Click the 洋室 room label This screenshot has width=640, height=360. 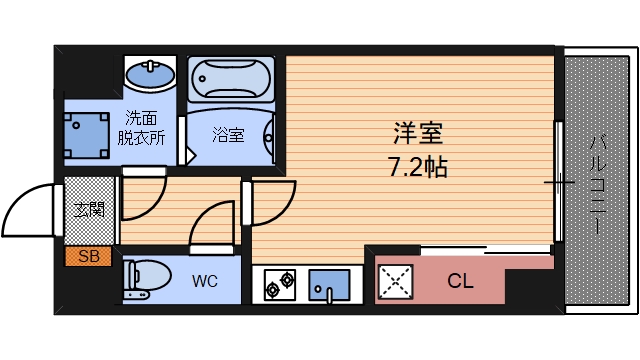click(x=418, y=132)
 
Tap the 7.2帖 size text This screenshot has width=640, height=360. click(x=418, y=165)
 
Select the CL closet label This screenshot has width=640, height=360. click(x=459, y=282)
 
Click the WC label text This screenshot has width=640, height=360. click(x=205, y=281)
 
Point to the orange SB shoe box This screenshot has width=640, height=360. click(x=88, y=256)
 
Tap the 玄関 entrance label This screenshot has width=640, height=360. click(x=88, y=210)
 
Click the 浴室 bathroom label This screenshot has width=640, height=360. click(x=229, y=134)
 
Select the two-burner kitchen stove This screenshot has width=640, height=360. click(x=278, y=285)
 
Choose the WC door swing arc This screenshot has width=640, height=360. click(x=212, y=222)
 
